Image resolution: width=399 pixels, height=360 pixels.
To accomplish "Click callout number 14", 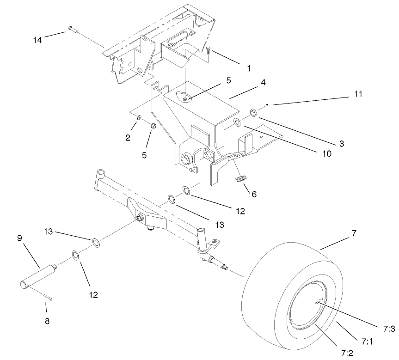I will (38, 40).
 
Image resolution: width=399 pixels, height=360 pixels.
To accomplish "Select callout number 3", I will (342, 144).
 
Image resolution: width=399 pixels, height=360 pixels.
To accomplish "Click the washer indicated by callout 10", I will (236, 122).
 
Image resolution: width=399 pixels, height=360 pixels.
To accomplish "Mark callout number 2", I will (128, 137).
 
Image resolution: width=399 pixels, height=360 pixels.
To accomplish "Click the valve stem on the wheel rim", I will (317, 302).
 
